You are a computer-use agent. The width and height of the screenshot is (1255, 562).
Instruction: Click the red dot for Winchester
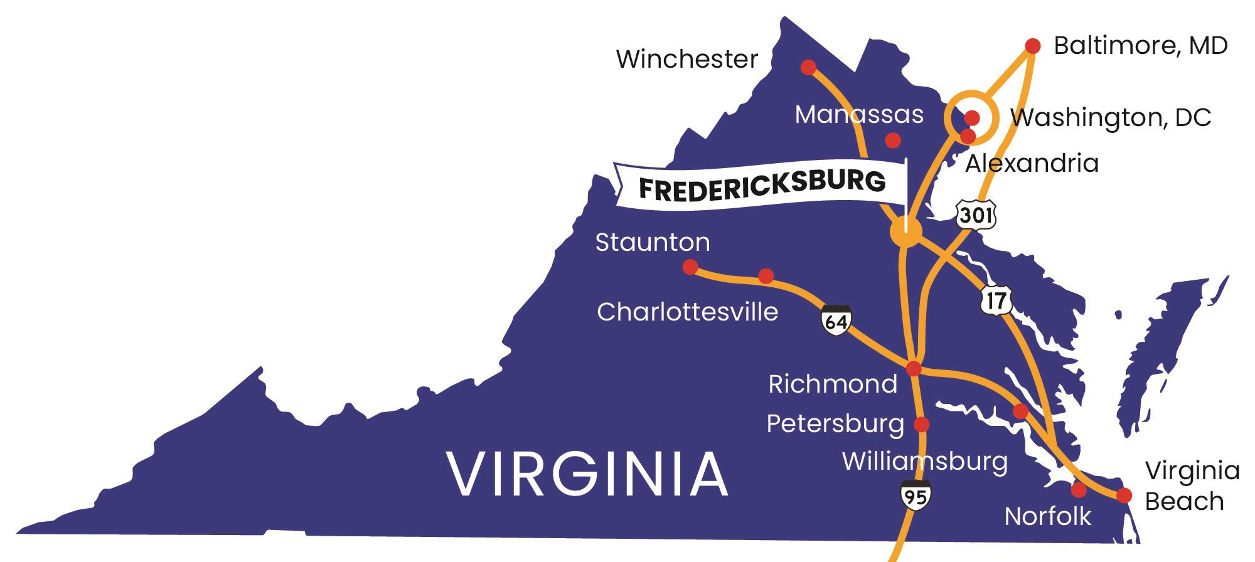(808, 67)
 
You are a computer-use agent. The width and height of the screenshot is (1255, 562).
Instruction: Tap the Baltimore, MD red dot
(1033, 46)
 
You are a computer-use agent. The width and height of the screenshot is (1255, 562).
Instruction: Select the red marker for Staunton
(690, 267)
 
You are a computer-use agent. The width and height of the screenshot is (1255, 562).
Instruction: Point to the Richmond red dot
(914, 368)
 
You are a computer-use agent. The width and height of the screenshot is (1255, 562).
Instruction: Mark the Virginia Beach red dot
(1124, 496)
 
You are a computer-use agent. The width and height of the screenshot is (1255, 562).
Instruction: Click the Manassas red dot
(893, 140)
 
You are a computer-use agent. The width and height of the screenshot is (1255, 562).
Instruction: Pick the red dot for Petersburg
(921, 425)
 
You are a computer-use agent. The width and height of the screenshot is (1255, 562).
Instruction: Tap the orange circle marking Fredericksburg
(905, 233)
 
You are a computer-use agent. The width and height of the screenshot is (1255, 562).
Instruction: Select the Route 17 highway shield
(995, 301)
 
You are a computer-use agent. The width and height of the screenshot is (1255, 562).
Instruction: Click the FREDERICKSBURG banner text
(762, 184)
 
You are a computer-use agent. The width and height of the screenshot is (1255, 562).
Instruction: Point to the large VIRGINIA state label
(588, 475)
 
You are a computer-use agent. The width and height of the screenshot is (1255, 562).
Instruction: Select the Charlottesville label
(687, 312)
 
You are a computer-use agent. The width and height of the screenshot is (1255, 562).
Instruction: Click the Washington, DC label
(1111, 118)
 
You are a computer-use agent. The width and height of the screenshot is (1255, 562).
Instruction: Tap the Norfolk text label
(1047, 516)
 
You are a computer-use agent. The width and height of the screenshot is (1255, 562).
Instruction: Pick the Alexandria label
(1032, 163)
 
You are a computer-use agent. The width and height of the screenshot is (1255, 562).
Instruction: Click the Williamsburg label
(924, 461)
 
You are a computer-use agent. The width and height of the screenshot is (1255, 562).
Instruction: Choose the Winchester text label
(686, 59)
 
